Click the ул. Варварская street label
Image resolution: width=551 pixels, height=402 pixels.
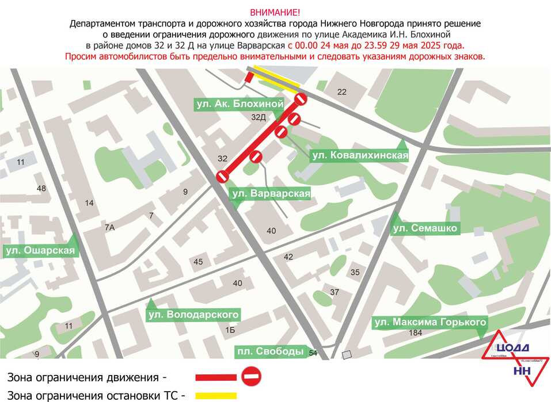(x=271, y=194)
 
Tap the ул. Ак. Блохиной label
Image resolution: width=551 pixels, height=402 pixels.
(x=239, y=104)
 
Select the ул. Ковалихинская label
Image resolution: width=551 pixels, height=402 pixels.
(x=359, y=155)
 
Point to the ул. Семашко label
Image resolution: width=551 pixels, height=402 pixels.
(x=425, y=228)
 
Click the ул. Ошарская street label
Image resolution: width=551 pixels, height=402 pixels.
(x=40, y=250)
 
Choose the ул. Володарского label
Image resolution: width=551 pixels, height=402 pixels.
(x=193, y=315)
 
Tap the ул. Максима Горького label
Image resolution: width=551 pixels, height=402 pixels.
(x=430, y=322)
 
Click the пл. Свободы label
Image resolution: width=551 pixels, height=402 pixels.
(x=270, y=351)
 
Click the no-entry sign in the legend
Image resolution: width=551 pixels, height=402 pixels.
(x=252, y=377)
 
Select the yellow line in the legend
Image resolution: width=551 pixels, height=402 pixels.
(x=216, y=396)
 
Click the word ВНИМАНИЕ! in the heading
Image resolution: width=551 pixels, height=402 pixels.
(x=275, y=12)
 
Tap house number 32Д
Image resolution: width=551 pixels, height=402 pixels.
(x=259, y=117)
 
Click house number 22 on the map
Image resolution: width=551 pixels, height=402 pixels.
(x=342, y=92)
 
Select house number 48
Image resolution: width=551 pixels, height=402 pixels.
(x=41, y=189)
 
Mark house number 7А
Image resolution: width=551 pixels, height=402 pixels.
(x=110, y=228)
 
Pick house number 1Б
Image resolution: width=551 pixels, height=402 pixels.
(x=230, y=330)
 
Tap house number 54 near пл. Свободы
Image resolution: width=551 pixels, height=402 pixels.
(x=313, y=353)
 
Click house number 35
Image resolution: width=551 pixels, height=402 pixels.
(x=355, y=272)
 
